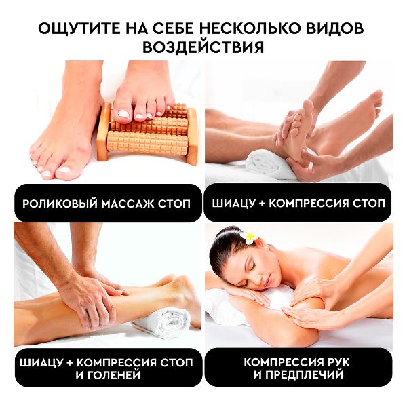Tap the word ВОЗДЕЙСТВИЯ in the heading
[203, 47]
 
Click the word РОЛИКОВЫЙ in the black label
[60, 203]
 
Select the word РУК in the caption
[336, 362]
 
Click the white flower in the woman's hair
[248, 237]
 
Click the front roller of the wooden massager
[147, 142]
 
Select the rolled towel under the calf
[162, 322]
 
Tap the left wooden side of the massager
[103, 132]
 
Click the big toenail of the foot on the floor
[64, 171]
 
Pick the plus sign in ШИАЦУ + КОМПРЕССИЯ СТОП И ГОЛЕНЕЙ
[69, 362]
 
